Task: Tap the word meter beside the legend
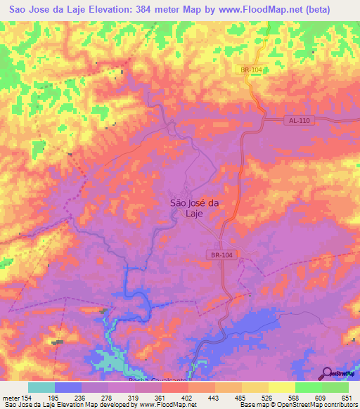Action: [x=10, y=397]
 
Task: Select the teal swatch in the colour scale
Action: [x=41, y=387]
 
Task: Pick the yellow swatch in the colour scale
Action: [x=282, y=387]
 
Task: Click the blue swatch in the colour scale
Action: [x=68, y=387]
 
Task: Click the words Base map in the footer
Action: [x=252, y=405]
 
